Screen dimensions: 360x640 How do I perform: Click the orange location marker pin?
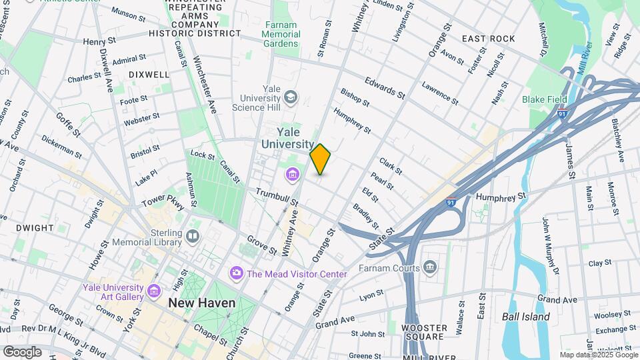coord(320,159)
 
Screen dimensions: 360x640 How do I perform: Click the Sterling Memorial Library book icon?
coord(193,236)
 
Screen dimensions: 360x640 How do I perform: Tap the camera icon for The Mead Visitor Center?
coord(236,273)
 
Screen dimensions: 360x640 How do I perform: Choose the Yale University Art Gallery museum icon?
coord(154,292)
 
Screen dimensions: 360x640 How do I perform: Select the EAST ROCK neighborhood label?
coord(489,39)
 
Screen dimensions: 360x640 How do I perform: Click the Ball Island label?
coord(525,317)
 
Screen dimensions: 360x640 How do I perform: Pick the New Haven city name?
coord(201,303)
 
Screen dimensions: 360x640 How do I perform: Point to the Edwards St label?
coord(385,87)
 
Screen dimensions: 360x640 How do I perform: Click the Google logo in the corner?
coord(22,351)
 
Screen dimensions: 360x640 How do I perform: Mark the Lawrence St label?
coord(439,94)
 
